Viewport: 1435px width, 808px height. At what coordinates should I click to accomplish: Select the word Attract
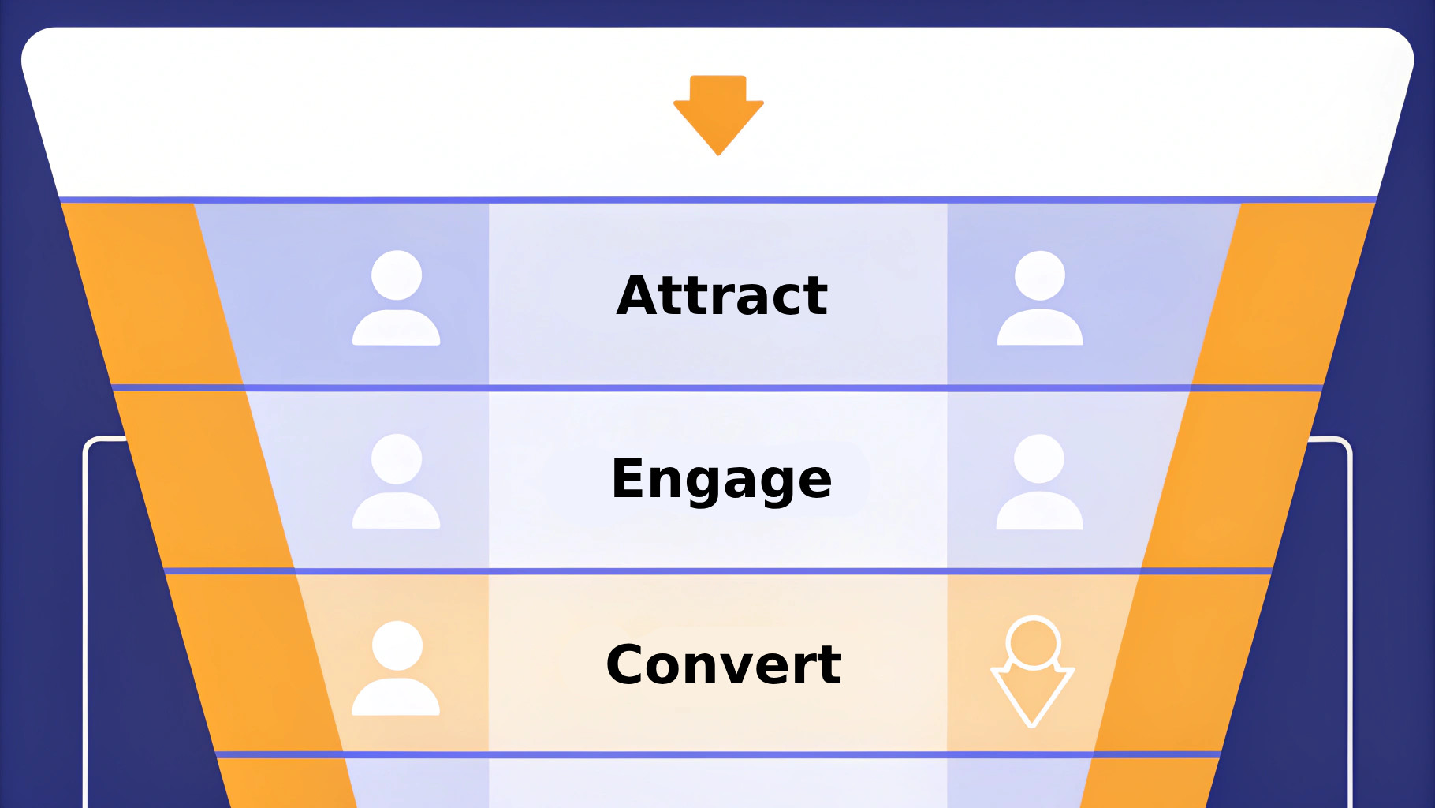(x=722, y=295)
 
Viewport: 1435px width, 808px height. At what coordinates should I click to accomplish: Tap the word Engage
(x=721, y=479)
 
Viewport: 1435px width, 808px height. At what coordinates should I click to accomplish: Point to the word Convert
(x=724, y=664)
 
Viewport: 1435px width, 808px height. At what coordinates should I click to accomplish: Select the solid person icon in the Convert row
(x=396, y=668)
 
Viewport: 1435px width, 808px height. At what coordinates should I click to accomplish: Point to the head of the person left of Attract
(x=397, y=275)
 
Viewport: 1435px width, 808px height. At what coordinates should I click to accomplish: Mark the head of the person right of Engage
(x=1039, y=458)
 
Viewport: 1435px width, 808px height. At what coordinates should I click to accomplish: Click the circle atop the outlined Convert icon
(x=1033, y=642)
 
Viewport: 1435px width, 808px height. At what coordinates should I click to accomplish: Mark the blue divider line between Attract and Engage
(x=717, y=388)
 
